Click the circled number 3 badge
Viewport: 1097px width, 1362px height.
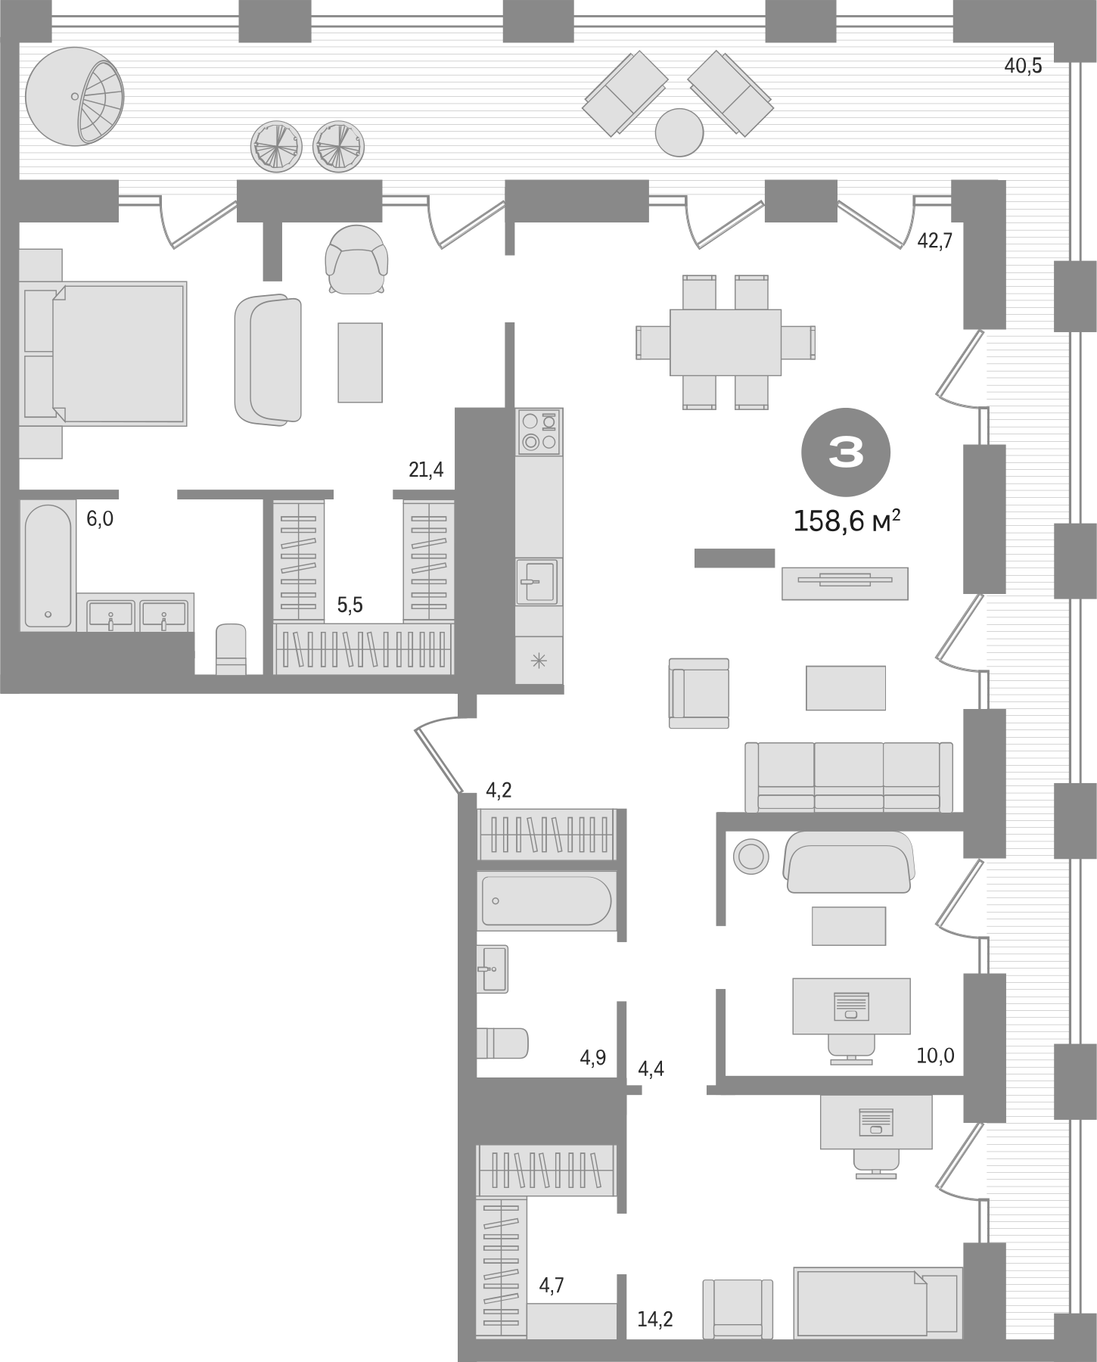tap(845, 452)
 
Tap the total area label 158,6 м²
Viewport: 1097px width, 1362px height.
tap(847, 521)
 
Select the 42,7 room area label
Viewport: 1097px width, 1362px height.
tap(934, 241)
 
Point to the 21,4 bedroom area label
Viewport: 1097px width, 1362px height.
tap(426, 470)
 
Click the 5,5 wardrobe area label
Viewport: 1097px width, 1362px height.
tap(350, 605)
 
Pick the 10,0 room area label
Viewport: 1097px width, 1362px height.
tap(935, 1056)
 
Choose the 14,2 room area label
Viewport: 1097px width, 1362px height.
tap(654, 1319)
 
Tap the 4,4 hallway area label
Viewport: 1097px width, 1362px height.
tap(651, 1068)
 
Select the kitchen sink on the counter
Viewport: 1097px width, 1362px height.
tap(536, 581)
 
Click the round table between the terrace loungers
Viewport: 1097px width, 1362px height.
tap(679, 132)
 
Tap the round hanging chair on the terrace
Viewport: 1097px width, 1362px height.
tap(74, 96)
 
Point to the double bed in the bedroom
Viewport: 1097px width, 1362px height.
tap(106, 353)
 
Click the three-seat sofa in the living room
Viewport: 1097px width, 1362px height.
tap(849, 776)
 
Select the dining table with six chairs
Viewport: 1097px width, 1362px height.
tap(726, 342)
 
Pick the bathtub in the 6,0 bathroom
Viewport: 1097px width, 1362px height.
tap(47, 564)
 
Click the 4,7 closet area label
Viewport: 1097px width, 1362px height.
tap(552, 1284)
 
